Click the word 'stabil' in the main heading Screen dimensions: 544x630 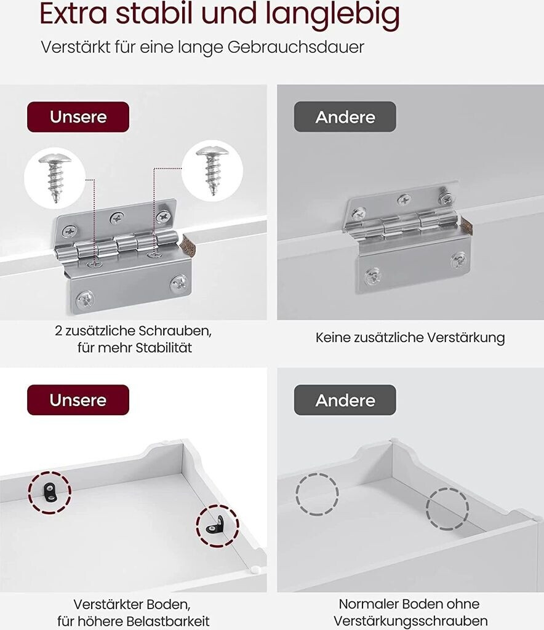click(x=155, y=14)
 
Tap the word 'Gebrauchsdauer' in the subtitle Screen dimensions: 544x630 click(x=296, y=47)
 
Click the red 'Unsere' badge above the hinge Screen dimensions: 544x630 click(x=78, y=117)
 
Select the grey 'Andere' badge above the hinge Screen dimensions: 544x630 click(x=345, y=117)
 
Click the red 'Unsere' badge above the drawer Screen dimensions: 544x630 click(x=78, y=400)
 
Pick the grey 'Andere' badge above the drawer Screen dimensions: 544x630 click(x=345, y=400)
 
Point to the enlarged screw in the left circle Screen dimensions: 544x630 click(x=55, y=177)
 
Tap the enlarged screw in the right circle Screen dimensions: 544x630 click(x=212, y=170)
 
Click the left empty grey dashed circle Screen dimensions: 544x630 click(x=317, y=494)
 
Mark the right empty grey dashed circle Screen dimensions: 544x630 click(x=447, y=509)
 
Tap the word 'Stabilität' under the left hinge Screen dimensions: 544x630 click(x=164, y=348)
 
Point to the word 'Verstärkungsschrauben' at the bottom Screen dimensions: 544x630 click(x=410, y=621)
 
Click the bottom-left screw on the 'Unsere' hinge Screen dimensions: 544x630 click(x=85, y=300)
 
